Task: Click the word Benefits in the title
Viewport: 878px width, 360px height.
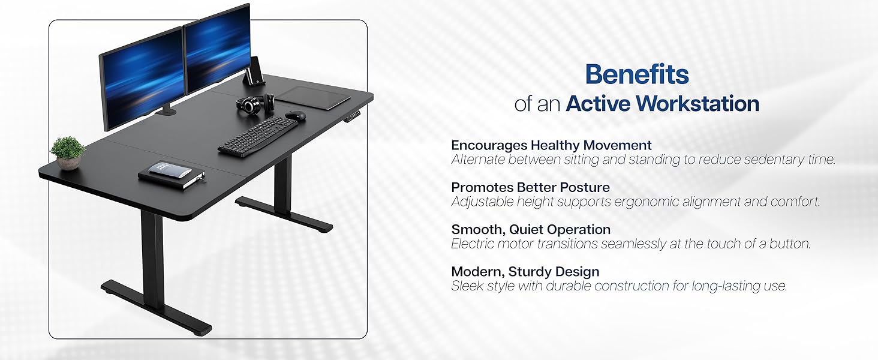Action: (637, 74)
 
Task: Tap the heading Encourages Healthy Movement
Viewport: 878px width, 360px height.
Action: (551, 145)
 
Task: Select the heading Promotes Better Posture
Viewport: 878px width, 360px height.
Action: (530, 187)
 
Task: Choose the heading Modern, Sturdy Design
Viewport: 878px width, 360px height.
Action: (525, 271)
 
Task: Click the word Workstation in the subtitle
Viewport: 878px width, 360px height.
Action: (697, 104)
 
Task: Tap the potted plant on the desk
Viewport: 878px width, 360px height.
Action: (68, 153)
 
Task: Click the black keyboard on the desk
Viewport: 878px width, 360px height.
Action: (258, 136)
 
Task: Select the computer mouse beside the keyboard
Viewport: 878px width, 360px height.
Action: (296, 115)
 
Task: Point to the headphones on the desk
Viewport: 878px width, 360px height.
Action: (255, 103)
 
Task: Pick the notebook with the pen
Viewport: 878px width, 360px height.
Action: (172, 175)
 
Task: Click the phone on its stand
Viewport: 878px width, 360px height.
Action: (255, 71)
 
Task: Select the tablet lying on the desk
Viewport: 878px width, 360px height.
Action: (313, 97)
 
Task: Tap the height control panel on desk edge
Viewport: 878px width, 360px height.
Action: (354, 116)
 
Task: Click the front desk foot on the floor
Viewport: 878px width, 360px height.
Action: (156, 308)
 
